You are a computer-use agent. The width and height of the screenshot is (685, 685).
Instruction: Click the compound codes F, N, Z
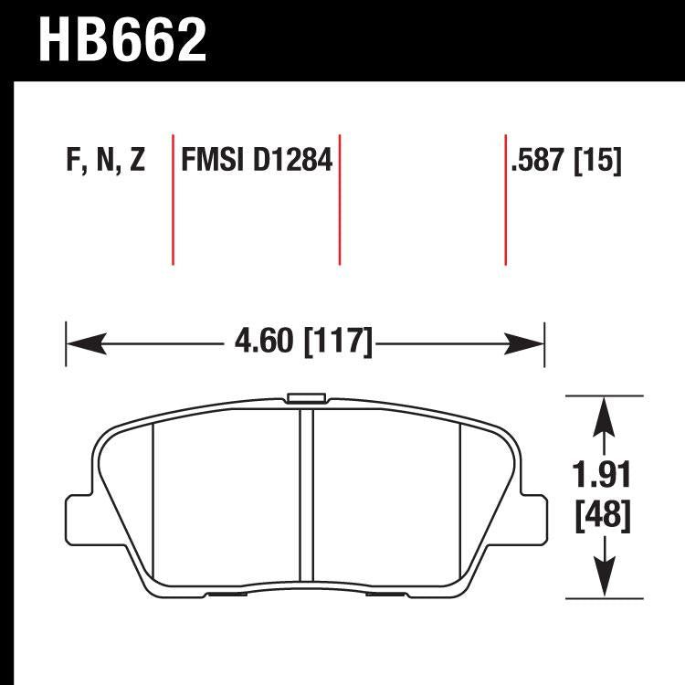pyautogui.click(x=106, y=163)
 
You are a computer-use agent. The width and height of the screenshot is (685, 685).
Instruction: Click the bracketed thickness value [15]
pyautogui.click(x=598, y=163)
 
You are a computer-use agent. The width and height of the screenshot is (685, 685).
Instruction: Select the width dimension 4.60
pyautogui.click(x=264, y=343)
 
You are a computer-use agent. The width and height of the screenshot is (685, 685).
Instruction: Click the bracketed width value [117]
pyautogui.click(x=337, y=343)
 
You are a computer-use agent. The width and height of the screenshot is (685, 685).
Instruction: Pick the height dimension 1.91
pyautogui.click(x=602, y=476)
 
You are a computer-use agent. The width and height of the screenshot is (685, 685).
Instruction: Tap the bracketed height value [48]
pyautogui.click(x=602, y=516)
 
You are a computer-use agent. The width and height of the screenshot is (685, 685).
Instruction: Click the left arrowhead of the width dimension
pyautogui.click(x=82, y=344)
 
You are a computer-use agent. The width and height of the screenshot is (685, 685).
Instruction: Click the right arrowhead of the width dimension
pyautogui.click(x=528, y=344)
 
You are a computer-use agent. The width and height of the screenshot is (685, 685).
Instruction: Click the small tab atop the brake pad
pyautogui.click(x=305, y=398)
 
